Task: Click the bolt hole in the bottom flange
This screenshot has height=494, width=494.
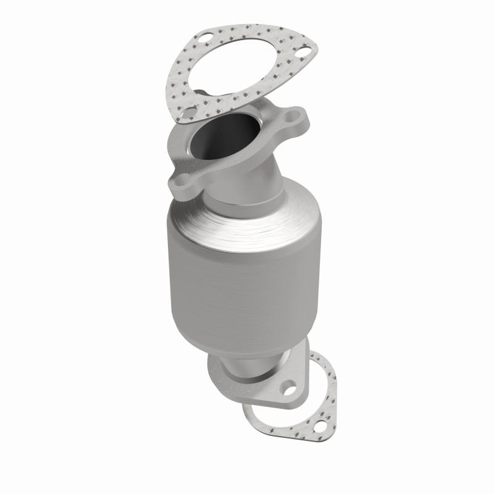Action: pyautogui.click(x=288, y=389)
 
